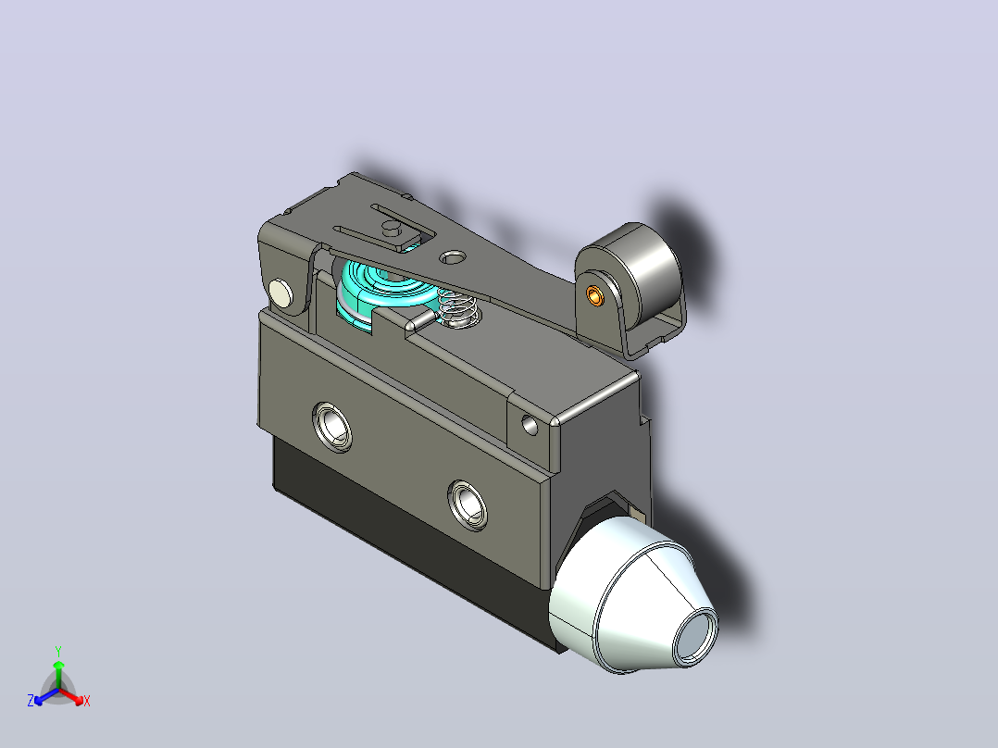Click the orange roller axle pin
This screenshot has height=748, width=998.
tap(595, 295)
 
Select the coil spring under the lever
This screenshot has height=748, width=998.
tap(457, 308)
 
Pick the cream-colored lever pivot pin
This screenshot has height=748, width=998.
tap(280, 293)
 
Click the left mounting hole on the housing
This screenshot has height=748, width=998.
tap(332, 427)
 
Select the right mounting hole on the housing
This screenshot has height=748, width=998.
tap(468, 505)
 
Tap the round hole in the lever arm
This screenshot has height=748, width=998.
tap(453, 257)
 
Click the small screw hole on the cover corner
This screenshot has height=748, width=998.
tap(530, 425)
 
